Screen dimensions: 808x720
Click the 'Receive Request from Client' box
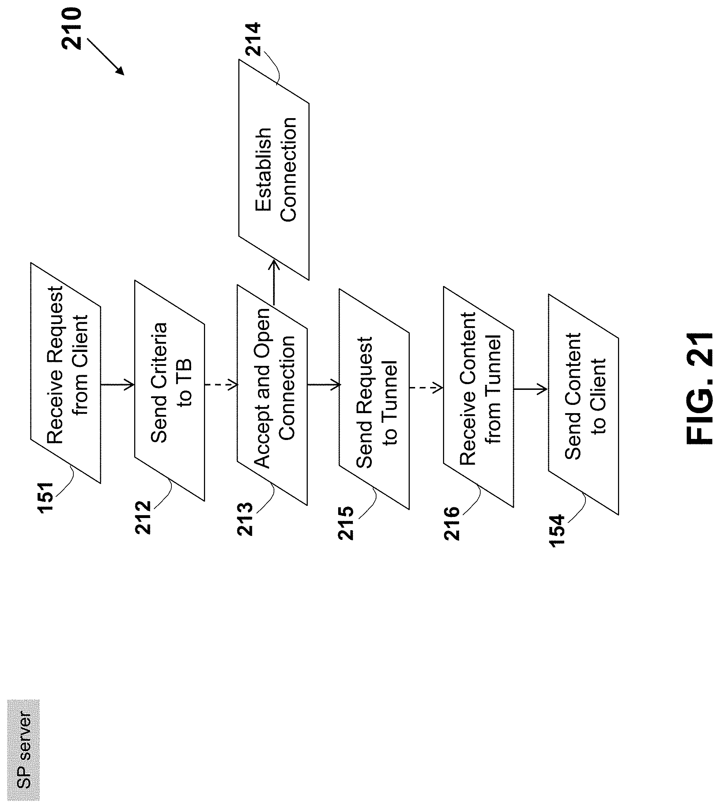[x=66, y=373]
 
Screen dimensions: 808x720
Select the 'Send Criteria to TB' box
[x=169, y=391]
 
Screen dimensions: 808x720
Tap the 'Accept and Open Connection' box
[x=272, y=395]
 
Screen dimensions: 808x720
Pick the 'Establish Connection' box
[x=274, y=170]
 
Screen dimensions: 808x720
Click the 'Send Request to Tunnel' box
[x=374, y=399]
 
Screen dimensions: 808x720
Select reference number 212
[x=143, y=517]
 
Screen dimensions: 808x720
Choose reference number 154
[x=558, y=531]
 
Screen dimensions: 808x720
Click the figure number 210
[x=72, y=29]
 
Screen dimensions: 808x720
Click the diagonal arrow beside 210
[x=105, y=57]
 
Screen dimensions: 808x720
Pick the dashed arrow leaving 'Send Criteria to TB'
[x=221, y=384]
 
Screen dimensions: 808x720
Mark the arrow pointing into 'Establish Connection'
[x=273, y=282]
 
